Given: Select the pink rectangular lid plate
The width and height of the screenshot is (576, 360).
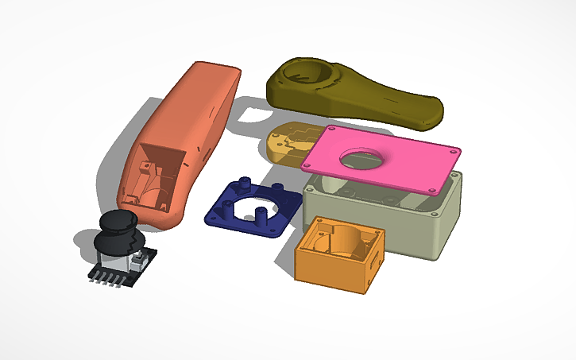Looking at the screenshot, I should (381, 159).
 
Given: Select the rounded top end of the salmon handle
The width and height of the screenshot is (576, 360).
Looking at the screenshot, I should (215, 72).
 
